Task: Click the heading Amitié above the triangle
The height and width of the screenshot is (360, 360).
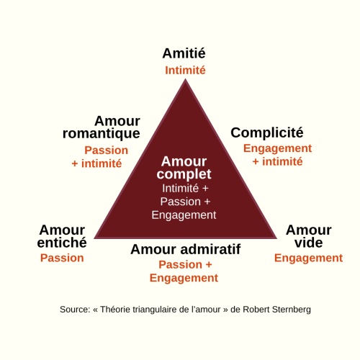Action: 184,53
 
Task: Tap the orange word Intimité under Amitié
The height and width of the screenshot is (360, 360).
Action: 185,71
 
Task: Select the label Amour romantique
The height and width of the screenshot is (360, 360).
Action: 102,127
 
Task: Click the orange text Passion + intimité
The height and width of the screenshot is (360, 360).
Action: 100,157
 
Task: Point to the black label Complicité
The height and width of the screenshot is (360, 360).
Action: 267,132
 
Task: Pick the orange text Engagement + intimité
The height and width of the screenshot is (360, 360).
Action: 277,155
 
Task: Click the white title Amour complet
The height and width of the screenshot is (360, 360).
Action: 184,168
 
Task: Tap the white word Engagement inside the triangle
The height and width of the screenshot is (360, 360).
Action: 184,215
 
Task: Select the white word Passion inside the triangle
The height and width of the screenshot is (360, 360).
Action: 181,202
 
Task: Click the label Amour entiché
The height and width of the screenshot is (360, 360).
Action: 62,236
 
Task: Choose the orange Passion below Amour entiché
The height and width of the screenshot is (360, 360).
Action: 62,258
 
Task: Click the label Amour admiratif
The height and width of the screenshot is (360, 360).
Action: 186,249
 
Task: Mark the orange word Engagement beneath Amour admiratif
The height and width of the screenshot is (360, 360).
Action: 184,278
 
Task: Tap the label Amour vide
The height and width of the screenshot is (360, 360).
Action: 309,236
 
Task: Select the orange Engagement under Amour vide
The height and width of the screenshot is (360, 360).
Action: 308,258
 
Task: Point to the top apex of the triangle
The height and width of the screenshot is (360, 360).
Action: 185,79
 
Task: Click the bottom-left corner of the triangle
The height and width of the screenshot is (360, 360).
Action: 94,238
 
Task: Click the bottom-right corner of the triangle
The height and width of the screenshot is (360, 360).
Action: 277,238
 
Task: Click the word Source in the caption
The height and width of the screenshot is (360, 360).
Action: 75,310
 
